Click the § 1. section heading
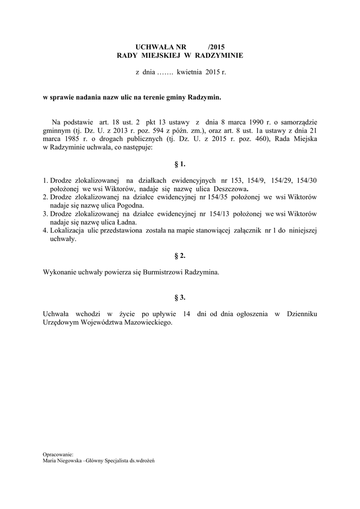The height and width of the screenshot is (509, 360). click(180, 163)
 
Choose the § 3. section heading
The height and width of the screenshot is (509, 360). click(180, 297)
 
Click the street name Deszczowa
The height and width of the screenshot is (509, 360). click(233, 189)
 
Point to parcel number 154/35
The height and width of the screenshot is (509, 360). click(217, 197)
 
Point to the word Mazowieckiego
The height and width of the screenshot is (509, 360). click(146, 322)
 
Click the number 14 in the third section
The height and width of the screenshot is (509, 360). click(187, 314)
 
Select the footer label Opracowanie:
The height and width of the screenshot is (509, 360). click(58, 454)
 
